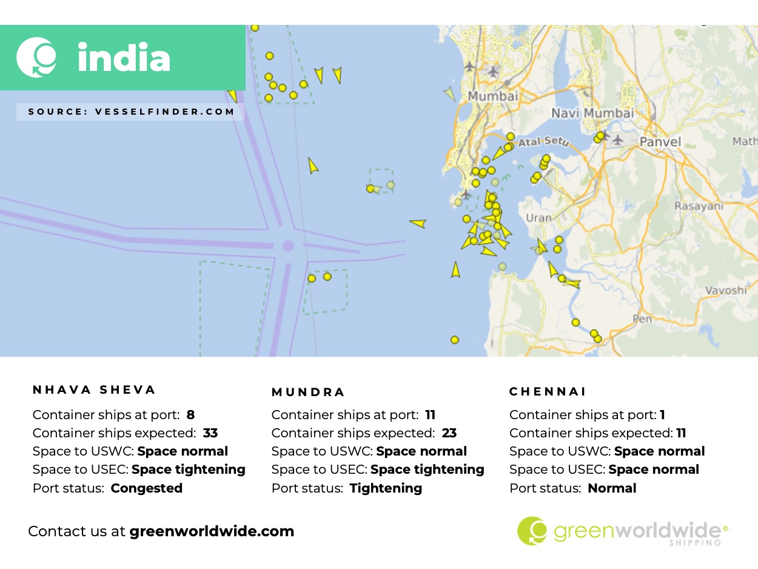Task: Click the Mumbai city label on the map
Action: pyautogui.click(x=493, y=96)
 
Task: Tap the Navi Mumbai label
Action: pyautogui.click(x=592, y=113)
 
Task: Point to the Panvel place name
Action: pyautogui.click(x=660, y=142)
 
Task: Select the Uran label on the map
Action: pyautogui.click(x=538, y=218)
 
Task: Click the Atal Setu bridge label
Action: pyautogui.click(x=545, y=142)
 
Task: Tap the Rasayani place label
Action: pyautogui.click(x=699, y=206)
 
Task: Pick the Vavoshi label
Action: pyautogui.click(x=725, y=290)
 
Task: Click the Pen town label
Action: pyautogui.click(x=642, y=318)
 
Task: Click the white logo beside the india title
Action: pyautogui.click(x=36, y=58)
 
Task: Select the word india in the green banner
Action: pyautogui.click(x=124, y=58)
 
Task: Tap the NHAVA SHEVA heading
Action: pyautogui.click(x=95, y=389)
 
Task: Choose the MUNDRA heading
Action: pyautogui.click(x=308, y=392)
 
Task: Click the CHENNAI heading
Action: pyautogui.click(x=548, y=392)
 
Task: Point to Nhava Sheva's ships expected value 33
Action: pyautogui.click(x=210, y=433)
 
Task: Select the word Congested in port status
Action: pyautogui.click(x=146, y=488)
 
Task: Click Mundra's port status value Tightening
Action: pyautogui.click(x=386, y=488)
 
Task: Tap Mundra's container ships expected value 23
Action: pyautogui.click(x=449, y=433)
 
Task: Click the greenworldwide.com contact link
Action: pyautogui.click(x=212, y=531)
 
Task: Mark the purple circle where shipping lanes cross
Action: pyautogui.click(x=288, y=246)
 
